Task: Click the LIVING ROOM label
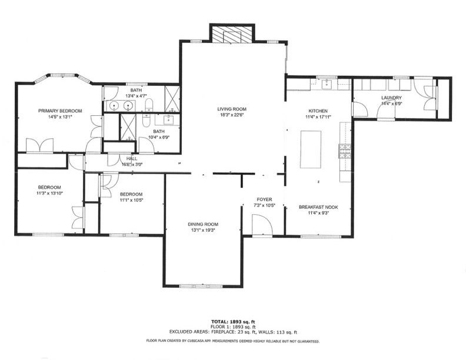[232, 109]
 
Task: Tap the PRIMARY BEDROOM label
[60, 111]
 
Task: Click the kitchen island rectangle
[311, 149]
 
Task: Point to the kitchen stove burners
[345, 151]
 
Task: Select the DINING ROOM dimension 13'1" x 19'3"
[203, 230]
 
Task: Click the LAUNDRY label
[391, 98]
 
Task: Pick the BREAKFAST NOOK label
[318, 207]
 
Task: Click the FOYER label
[265, 199]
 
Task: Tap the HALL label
[132, 159]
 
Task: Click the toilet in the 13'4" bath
[149, 105]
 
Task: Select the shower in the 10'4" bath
[128, 127]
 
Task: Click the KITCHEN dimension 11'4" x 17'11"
[318, 116]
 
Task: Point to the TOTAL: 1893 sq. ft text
[233, 321]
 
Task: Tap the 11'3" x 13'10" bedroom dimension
[49, 193]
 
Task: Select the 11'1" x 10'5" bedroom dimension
[131, 200]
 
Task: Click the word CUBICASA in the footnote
[195, 341]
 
